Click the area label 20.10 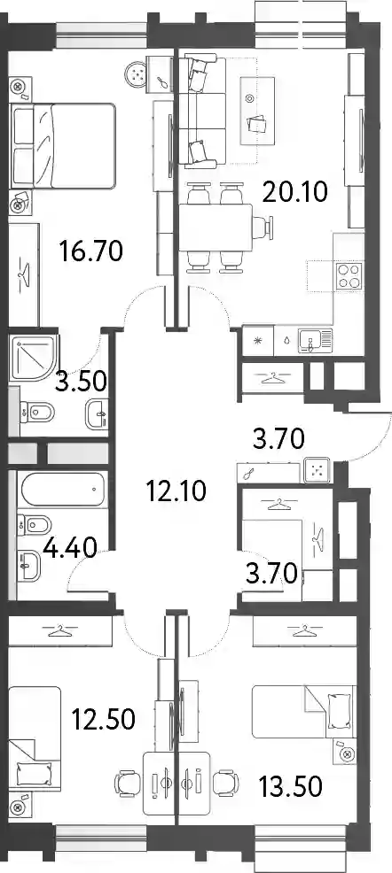[x=295, y=193]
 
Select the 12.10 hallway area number [x=176, y=491]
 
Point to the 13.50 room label [x=290, y=786]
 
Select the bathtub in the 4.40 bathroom [x=63, y=490]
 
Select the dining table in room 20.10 [x=216, y=228]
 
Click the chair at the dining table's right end [x=263, y=228]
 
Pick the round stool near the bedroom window [x=137, y=73]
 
